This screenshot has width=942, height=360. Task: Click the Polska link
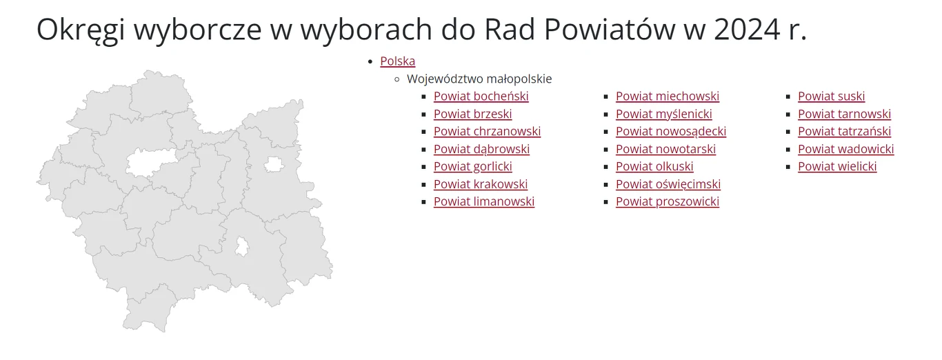click(x=397, y=61)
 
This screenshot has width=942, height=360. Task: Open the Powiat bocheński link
click(x=481, y=97)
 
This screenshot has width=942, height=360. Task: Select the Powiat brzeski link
click(x=472, y=114)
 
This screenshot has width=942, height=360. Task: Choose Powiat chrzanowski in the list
click(x=487, y=132)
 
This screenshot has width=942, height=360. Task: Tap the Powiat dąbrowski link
click(x=481, y=149)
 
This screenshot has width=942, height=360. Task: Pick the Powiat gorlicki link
click(x=472, y=166)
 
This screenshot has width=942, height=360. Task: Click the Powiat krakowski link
click(x=480, y=184)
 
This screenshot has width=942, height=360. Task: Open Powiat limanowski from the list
click(x=483, y=201)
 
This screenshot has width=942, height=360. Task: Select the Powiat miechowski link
click(x=667, y=97)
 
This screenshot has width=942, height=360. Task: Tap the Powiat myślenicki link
click(x=663, y=114)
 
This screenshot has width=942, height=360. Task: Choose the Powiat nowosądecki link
click(x=670, y=132)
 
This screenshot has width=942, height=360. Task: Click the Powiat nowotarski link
click(x=665, y=149)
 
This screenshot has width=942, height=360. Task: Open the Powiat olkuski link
click(x=654, y=166)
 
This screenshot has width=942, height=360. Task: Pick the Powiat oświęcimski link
click(x=668, y=184)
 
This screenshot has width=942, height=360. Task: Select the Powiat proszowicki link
click(x=667, y=201)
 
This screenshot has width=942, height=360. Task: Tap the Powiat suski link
click(x=831, y=97)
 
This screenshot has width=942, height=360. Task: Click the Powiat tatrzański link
click(x=844, y=132)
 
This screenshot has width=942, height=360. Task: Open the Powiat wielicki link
click(x=837, y=166)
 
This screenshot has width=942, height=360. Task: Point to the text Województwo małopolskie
click(x=479, y=79)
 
